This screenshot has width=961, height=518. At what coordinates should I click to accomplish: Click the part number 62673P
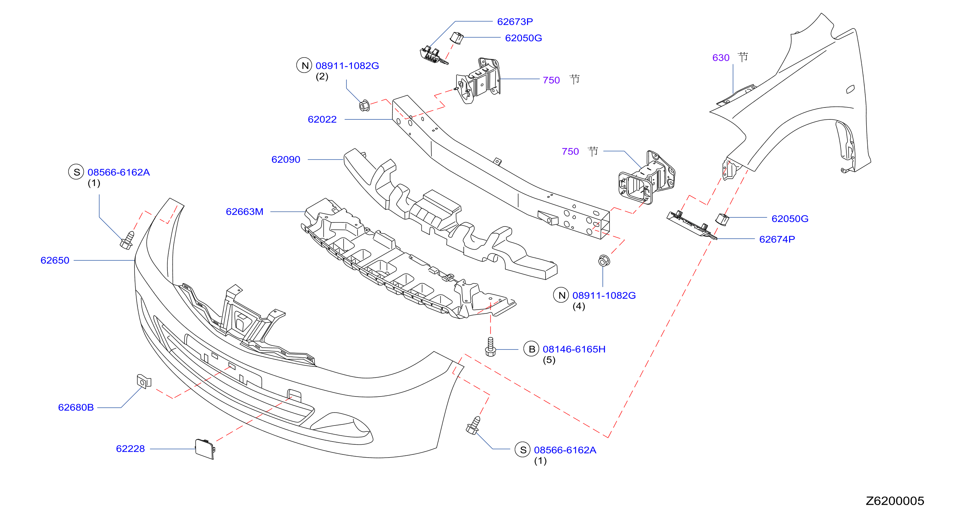515,22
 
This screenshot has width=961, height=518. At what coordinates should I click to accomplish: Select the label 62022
322,119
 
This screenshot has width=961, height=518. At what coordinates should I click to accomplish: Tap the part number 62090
286,160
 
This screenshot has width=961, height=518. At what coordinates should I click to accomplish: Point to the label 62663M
244,212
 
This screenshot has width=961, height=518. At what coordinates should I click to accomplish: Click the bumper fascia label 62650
55,260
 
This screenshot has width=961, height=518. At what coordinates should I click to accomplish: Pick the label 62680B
76,407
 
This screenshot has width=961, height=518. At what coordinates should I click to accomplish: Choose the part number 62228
130,449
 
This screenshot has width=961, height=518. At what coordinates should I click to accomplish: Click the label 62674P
777,239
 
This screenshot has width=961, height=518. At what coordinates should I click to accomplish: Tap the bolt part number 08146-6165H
574,349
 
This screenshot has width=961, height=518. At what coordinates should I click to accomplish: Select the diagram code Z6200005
895,501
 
